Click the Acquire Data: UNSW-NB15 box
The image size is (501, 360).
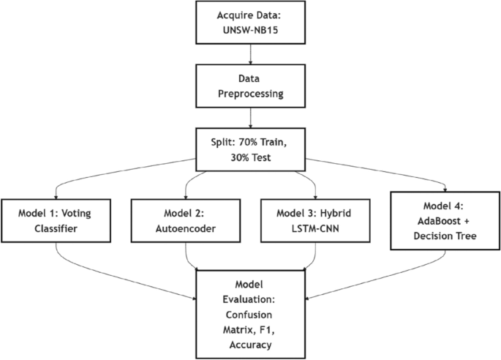pyautogui.click(x=251, y=22)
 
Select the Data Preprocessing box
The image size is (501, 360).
pyautogui.click(x=251, y=86)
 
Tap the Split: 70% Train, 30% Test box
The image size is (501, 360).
pyautogui.click(x=251, y=149)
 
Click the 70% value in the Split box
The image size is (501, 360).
pyautogui.click(x=249, y=143)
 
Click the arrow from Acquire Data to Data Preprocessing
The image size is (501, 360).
pyautogui.click(x=251, y=53)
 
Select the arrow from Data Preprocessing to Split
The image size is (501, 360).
pyautogui.click(x=251, y=117)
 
